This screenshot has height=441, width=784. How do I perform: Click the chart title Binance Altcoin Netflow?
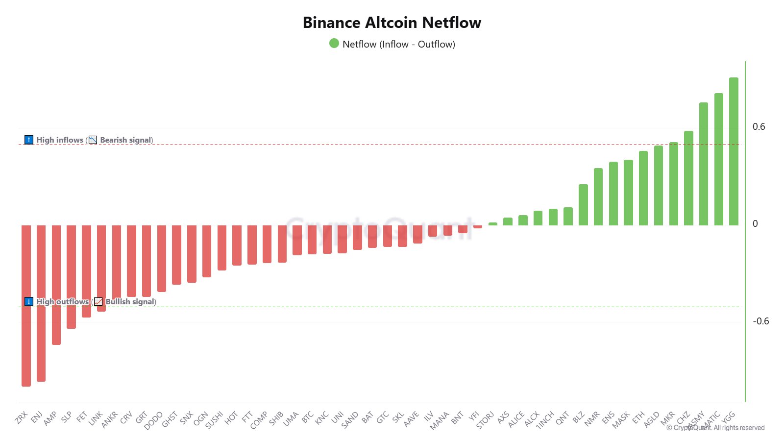[392, 23]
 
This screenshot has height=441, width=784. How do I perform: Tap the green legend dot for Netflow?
[334, 44]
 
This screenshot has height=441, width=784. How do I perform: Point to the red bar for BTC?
[312, 240]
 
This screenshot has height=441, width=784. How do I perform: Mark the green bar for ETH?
[643, 188]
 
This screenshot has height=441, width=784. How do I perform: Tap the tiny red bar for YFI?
[478, 226]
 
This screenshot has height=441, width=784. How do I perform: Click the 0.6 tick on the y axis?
[759, 127]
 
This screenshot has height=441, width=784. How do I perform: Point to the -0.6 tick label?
[761, 321]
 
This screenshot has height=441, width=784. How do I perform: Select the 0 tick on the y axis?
[755, 224]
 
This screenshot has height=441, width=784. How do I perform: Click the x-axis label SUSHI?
[215, 420]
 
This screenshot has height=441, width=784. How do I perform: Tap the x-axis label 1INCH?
[545, 419]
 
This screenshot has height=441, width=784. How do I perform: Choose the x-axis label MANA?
[440, 420]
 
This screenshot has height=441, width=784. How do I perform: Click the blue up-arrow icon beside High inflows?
[29, 140]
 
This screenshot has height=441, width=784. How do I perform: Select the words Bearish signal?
[126, 140]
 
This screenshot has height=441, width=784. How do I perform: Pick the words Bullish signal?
[130, 302]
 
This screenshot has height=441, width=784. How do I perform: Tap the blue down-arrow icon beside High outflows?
[29, 301]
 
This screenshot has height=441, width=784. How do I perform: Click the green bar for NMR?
[598, 196]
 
